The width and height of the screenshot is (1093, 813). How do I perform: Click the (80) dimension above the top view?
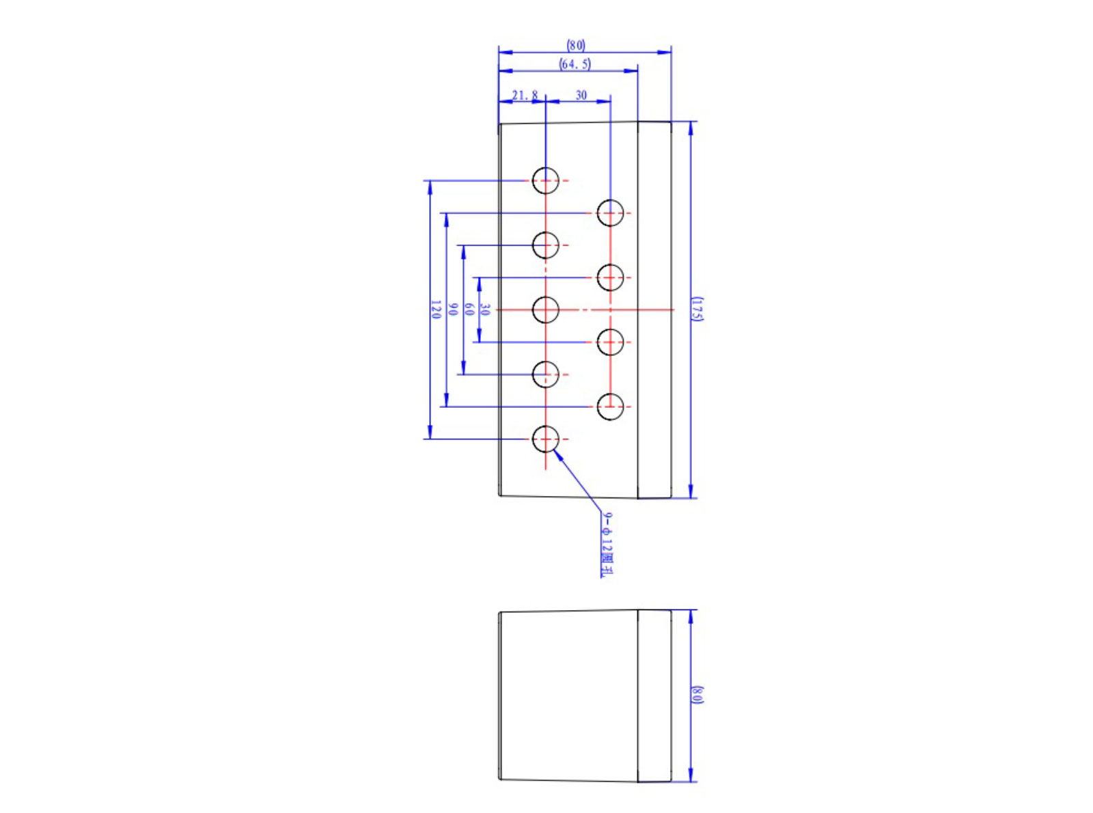tap(575, 46)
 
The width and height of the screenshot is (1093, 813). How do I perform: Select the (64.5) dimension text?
tap(575, 64)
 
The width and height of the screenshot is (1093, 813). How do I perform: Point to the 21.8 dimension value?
tap(525, 95)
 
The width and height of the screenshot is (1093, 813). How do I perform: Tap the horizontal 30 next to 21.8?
tap(581, 95)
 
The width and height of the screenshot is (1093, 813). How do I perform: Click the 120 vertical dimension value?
tap(436, 309)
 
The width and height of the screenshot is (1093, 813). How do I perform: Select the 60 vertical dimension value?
tap(469, 309)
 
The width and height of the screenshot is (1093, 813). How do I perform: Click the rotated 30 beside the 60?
tap(485, 309)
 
